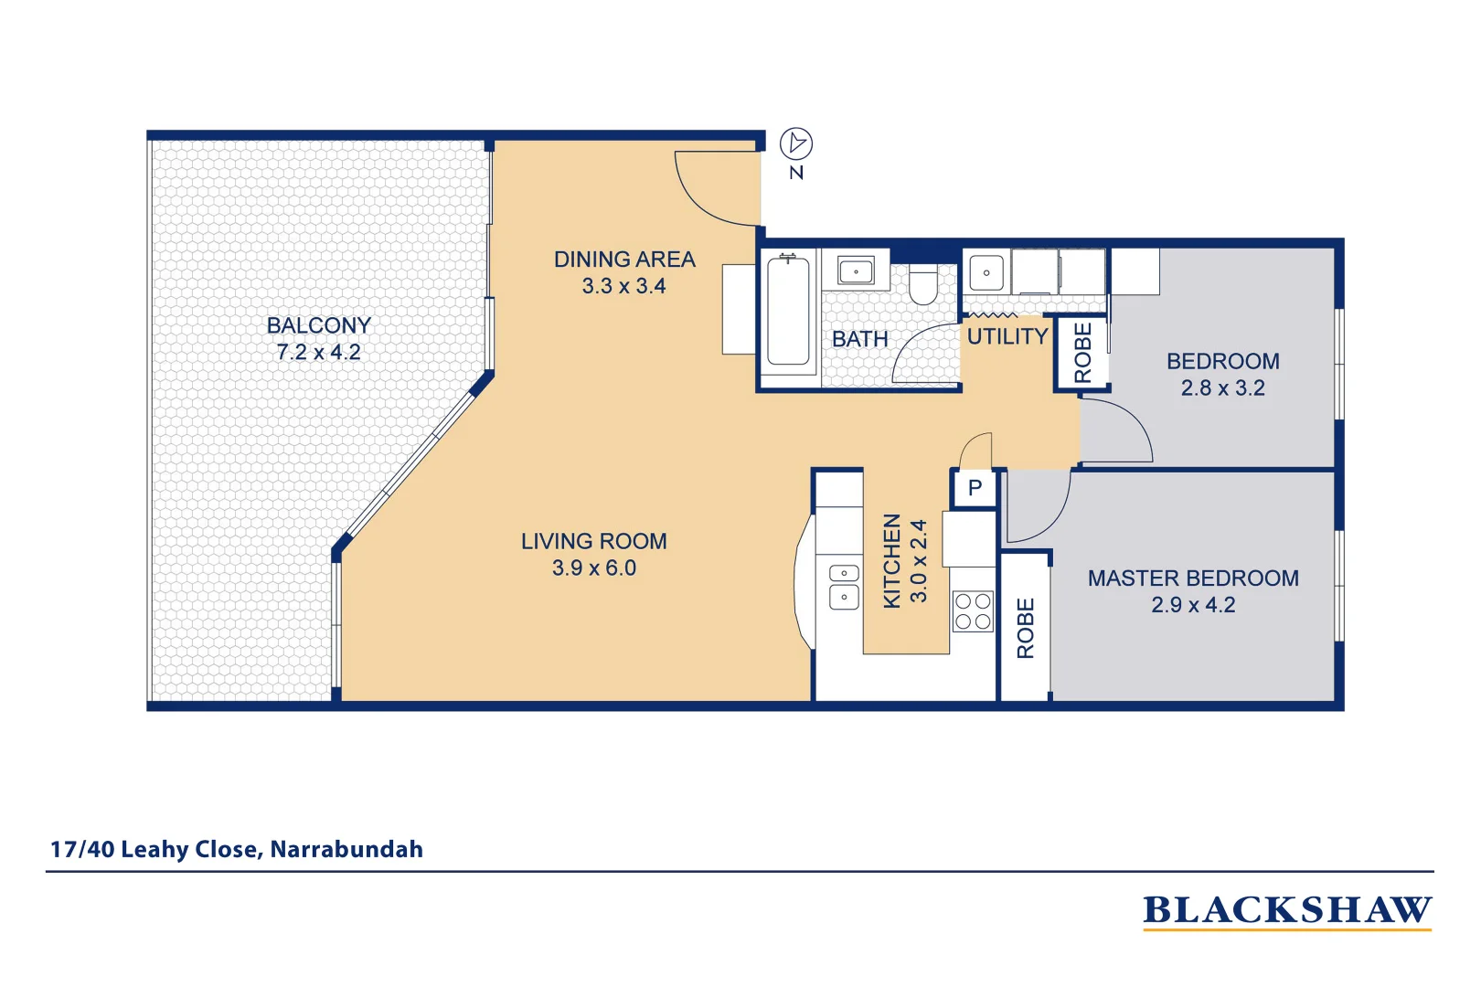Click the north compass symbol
click(795, 143)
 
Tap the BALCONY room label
click(318, 325)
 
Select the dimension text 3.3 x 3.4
click(623, 286)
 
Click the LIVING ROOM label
click(593, 541)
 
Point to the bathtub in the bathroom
click(788, 312)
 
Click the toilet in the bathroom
click(923, 285)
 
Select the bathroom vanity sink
click(856, 271)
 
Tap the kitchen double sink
click(843, 586)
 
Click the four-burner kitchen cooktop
click(973, 611)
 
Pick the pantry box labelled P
click(975, 488)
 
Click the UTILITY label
click(1007, 336)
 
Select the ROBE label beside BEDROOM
click(1082, 353)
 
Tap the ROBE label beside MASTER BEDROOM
click(1025, 628)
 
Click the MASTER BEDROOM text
click(1192, 578)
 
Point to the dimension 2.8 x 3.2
click(1222, 388)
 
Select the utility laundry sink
click(986, 272)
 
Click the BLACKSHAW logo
click(1286, 910)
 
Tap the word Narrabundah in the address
click(346, 849)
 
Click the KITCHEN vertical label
click(891, 560)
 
